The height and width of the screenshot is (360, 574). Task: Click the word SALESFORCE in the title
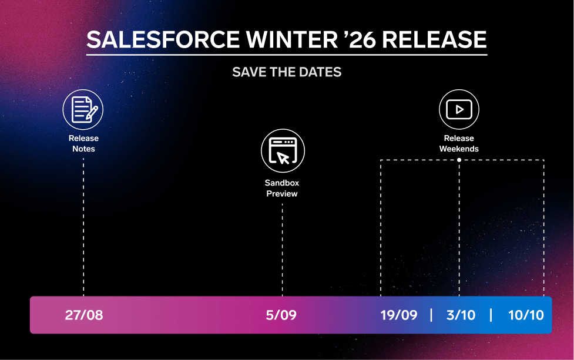pos(163,39)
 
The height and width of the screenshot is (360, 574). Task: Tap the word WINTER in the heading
pos(292,39)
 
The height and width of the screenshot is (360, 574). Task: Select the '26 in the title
pos(360,39)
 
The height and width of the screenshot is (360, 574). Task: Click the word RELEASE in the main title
pos(434,39)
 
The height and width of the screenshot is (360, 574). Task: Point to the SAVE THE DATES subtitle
pos(287,72)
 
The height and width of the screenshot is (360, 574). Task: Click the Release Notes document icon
pos(83,109)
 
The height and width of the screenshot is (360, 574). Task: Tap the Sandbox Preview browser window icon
pos(283,150)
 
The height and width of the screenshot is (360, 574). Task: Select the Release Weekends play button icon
pos(459,109)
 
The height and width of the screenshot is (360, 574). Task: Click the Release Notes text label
pos(83,143)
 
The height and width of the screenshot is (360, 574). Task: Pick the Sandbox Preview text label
pos(282,188)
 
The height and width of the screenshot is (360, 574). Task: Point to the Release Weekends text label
pos(459,143)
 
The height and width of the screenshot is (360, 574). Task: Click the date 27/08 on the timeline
pos(84,315)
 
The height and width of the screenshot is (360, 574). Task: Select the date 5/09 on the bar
pos(281,315)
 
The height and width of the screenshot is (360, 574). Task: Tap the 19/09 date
pos(399,315)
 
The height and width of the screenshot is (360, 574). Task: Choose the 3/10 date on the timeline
pos(461,315)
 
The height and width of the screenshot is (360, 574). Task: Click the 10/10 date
pos(526,315)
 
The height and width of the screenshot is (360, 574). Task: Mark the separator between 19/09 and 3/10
pos(431,315)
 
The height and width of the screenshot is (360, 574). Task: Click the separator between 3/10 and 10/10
pos(491,315)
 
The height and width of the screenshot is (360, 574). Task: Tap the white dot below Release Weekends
pos(459,160)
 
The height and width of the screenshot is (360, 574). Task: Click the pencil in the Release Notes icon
pos(92,113)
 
